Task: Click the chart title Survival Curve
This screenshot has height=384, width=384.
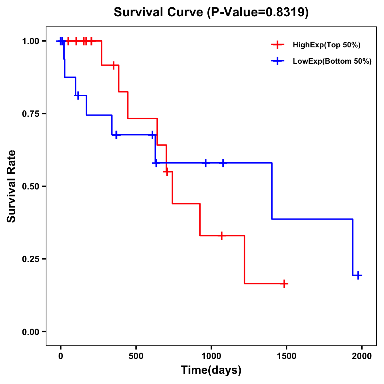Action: click(211, 12)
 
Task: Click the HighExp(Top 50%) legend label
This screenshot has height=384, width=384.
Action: click(326, 45)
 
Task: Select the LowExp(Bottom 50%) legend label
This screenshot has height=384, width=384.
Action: click(332, 61)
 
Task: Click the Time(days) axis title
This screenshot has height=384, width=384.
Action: click(211, 370)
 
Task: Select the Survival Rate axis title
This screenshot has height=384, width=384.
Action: click(12, 186)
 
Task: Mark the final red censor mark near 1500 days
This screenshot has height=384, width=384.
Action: click(284, 284)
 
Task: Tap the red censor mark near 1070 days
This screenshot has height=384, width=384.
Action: click(221, 236)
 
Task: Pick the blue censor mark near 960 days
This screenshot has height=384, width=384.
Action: click(206, 163)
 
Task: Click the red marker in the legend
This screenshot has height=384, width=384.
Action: click(277, 45)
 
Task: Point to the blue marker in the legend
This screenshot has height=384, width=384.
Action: click(277, 61)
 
